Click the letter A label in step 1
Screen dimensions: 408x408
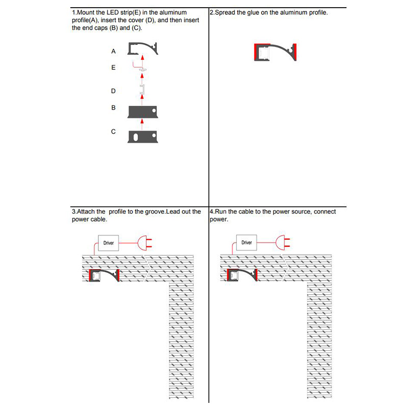click(x=114, y=52)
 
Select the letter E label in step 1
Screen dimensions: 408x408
click(x=114, y=67)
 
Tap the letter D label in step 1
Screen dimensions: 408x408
click(x=114, y=91)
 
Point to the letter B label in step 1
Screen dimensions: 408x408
click(x=114, y=108)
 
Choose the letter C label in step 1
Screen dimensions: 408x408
click(x=114, y=132)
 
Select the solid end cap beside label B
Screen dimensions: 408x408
click(x=143, y=111)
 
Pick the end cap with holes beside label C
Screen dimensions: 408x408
click(x=143, y=136)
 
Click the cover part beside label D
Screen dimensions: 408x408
click(x=143, y=90)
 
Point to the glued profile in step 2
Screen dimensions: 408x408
click(x=275, y=52)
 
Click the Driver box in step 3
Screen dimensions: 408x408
click(x=109, y=243)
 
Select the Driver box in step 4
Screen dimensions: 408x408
click(x=247, y=243)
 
